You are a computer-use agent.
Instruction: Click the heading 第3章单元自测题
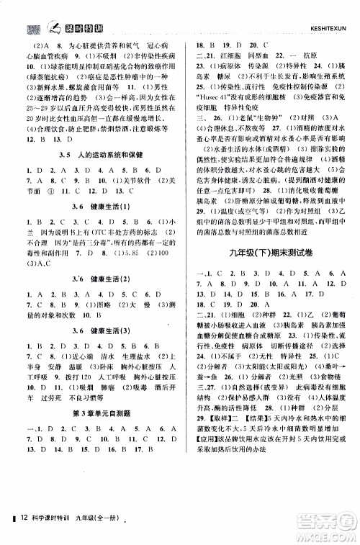97,431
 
